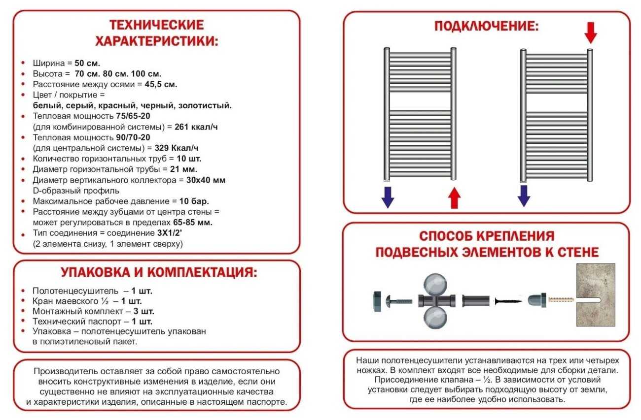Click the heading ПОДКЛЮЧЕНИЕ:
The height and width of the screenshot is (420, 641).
click(x=486, y=26)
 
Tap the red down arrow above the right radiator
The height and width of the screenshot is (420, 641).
click(x=590, y=32)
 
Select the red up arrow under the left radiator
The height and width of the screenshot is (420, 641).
click(x=454, y=198)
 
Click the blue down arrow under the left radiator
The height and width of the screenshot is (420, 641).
click(x=388, y=197)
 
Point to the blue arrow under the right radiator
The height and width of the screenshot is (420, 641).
click(x=524, y=195)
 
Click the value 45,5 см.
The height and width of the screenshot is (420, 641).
click(x=161, y=84)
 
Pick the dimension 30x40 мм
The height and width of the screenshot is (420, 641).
click(x=206, y=180)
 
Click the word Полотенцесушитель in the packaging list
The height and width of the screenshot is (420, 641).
click(x=75, y=291)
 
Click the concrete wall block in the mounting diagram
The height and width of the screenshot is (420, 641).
click(x=596, y=294)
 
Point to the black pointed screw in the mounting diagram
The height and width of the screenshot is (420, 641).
click(x=508, y=300)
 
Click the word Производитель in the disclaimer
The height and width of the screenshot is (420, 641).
click(x=64, y=371)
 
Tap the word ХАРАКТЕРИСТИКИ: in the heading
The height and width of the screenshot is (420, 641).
click(x=156, y=41)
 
